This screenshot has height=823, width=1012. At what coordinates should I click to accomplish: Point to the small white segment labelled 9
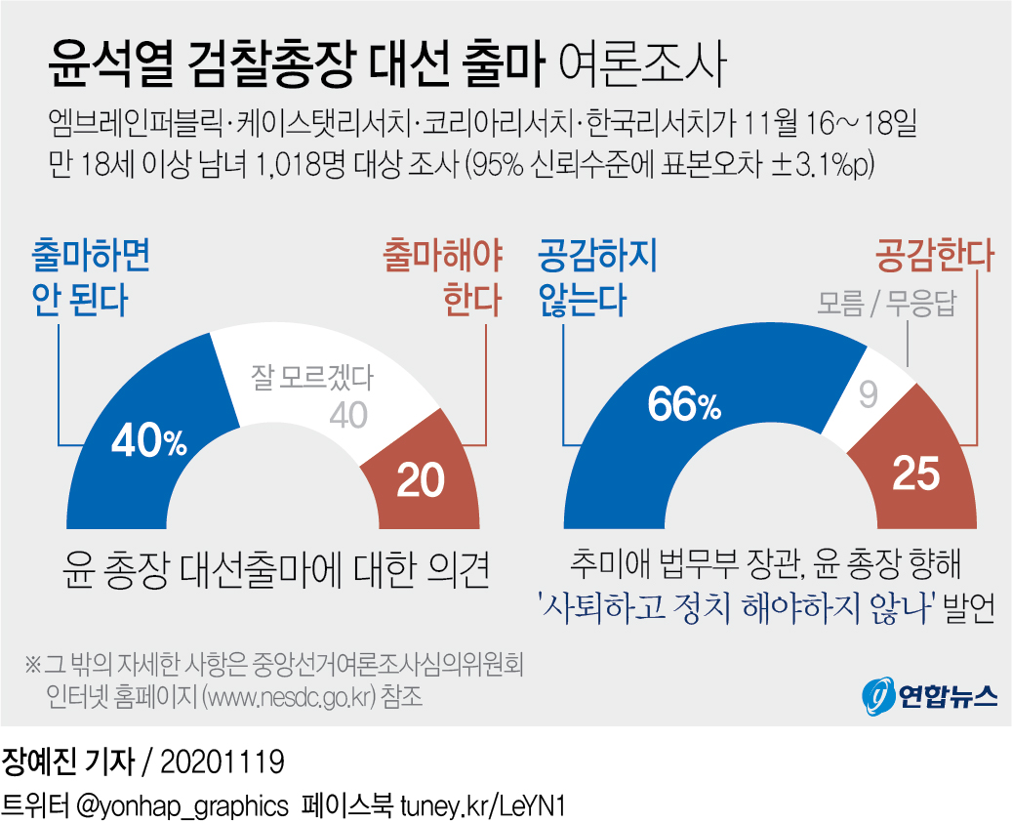coord(870,395)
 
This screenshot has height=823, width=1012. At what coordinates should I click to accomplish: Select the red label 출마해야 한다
coord(443,277)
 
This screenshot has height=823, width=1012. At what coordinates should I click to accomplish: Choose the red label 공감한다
coord(933,257)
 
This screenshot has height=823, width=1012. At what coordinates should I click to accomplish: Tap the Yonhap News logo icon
coord(878,694)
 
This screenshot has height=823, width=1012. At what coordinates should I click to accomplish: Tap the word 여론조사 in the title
coord(645,65)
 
